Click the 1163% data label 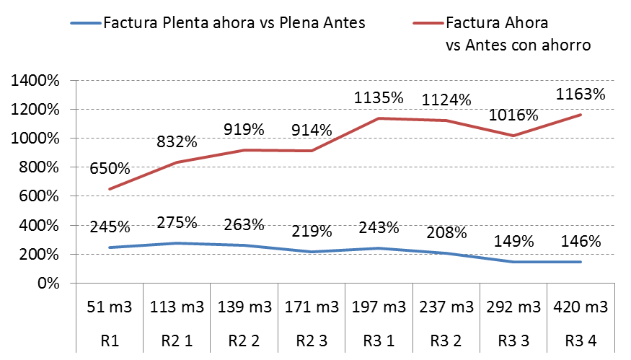[x=580, y=94]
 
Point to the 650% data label [x=110, y=169]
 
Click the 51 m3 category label [x=110, y=307]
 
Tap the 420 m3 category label [x=580, y=307]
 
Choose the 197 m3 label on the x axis [x=378, y=307]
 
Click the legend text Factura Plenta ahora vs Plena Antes [x=234, y=22]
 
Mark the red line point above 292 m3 [x=513, y=136]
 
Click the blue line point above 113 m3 [x=177, y=243]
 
